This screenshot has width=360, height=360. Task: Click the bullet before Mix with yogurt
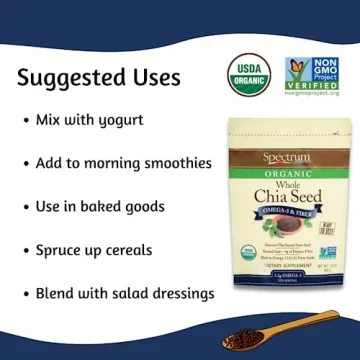[x=24, y=120]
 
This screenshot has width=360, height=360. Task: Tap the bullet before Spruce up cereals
[x=24, y=250]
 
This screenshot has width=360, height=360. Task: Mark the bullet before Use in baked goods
[x=24, y=206]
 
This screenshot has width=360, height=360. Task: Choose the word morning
[x=104, y=162]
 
